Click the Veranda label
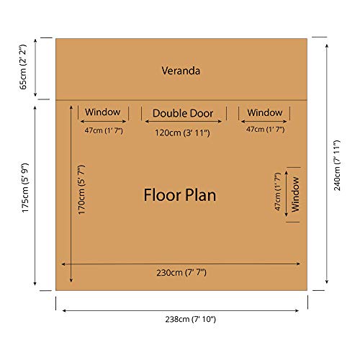tap(181, 71)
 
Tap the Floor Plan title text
tap(180, 195)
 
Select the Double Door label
tap(183, 113)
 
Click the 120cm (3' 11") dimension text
tap(182, 132)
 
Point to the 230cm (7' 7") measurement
tap(181, 273)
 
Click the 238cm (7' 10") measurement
tap(191, 319)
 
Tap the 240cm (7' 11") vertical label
tap(337, 166)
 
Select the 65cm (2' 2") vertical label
tap(23, 67)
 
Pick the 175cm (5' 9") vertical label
tap(25, 188)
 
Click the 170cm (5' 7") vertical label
tap(81, 189)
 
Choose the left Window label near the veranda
tap(102, 112)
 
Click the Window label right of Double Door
tap(265, 112)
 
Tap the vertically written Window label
tap(295, 194)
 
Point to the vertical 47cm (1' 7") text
tap(277, 192)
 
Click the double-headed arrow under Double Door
tap(184, 122)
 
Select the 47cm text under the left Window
tap(104, 131)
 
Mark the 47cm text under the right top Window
tap(265, 130)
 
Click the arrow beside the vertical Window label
tap(286, 194)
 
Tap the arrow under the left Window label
tap(103, 122)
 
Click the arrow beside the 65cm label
tap(35, 68)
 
